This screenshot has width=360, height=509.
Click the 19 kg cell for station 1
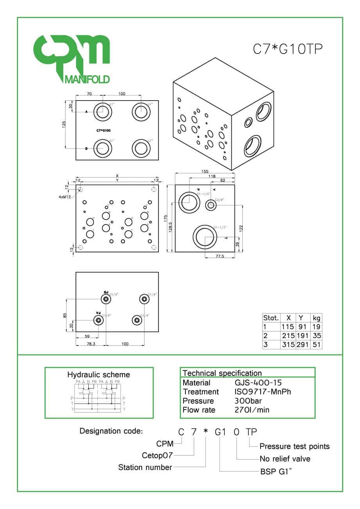(x=316, y=327)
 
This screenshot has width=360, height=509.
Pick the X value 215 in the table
(x=288, y=336)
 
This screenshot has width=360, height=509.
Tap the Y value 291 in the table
(x=302, y=345)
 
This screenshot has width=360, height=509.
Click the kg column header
(x=316, y=318)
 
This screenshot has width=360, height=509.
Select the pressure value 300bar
(x=248, y=401)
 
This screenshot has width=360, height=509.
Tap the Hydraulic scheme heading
(x=99, y=374)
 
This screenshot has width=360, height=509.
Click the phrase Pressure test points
(x=294, y=446)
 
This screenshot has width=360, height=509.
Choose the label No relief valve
(x=285, y=459)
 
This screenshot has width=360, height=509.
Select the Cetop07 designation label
(x=157, y=455)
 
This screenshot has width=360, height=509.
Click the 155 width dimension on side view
(x=205, y=171)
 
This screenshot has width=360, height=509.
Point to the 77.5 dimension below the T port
(x=220, y=256)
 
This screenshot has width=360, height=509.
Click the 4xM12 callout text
(x=65, y=197)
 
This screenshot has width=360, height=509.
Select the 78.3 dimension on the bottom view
(x=90, y=344)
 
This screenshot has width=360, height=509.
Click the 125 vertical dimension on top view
(x=64, y=124)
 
